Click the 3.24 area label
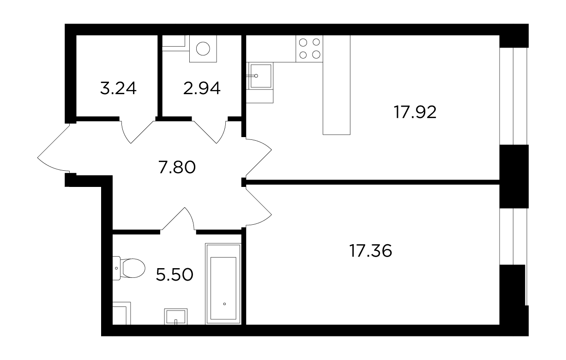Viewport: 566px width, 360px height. pyautogui.click(x=118, y=88)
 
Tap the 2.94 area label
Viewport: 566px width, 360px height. pyautogui.click(x=202, y=88)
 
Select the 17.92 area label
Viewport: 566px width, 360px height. pyautogui.click(x=415, y=113)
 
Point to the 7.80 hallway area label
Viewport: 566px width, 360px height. pyautogui.click(x=177, y=168)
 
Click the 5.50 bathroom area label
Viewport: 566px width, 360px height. pyautogui.click(x=175, y=275)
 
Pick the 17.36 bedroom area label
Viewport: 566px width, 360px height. pyautogui.click(x=370, y=251)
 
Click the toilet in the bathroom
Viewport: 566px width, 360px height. pyautogui.click(x=129, y=268)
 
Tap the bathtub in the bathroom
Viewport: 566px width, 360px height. pyautogui.click(x=223, y=283)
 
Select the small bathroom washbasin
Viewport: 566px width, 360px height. pyautogui.click(x=175, y=316)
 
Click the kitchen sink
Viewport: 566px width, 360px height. pyautogui.click(x=261, y=76)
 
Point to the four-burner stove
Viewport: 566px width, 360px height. pyautogui.click(x=309, y=48)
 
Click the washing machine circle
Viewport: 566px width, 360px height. pyautogui.click(x=203, y=48)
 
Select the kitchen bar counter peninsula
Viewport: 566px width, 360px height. pyautogui.click(x=336, y=85)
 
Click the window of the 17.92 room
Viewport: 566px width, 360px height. pyautogui.click(x=513, y=96)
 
